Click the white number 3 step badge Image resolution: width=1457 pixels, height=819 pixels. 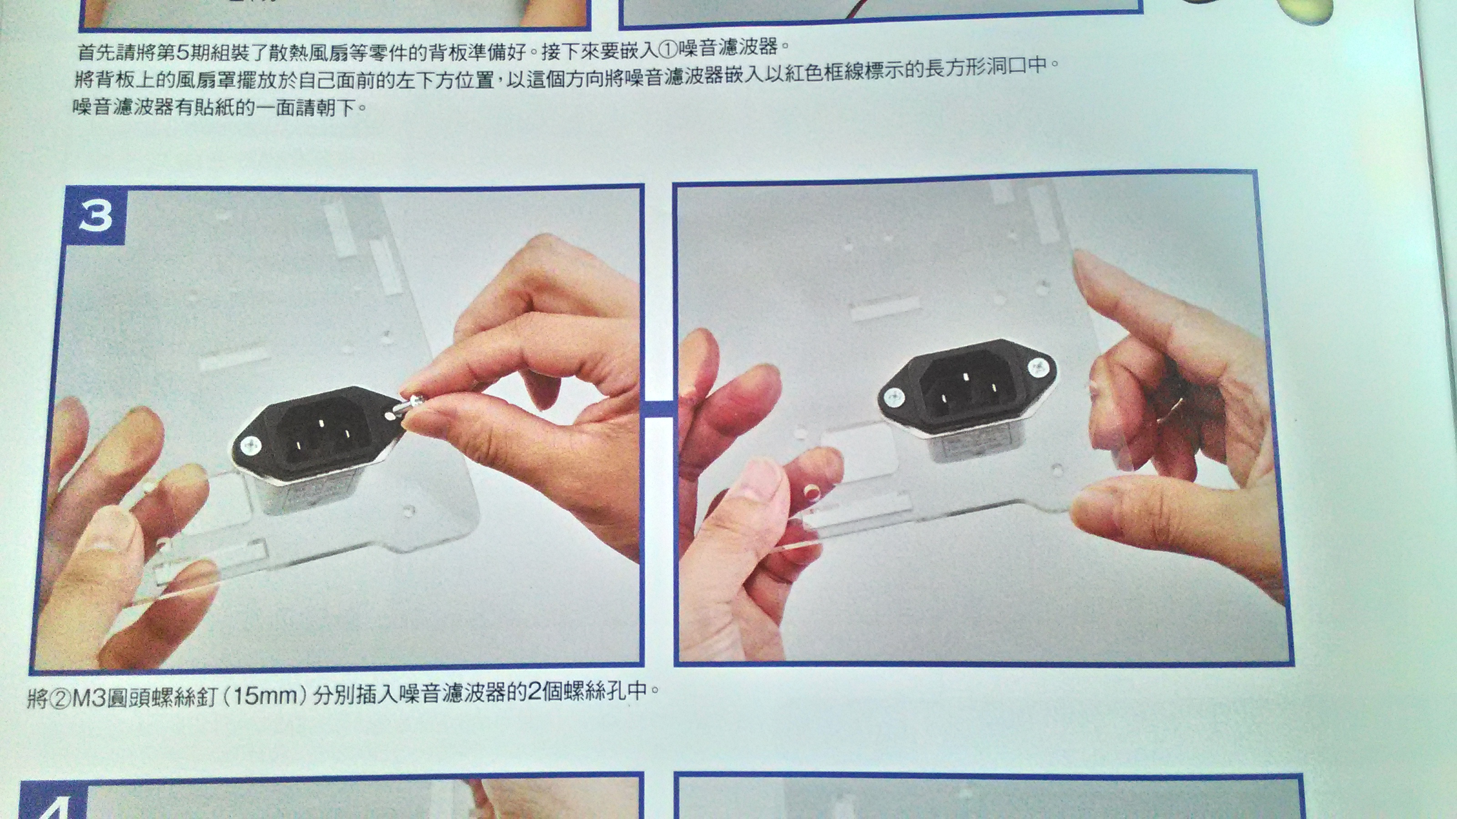tap(96, 216)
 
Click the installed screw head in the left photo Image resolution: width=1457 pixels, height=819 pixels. tap(250, 446)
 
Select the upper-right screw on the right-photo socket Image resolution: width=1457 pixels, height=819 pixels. tap(1039, 369)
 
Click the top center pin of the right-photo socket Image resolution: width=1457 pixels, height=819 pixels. tap(965, 376)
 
